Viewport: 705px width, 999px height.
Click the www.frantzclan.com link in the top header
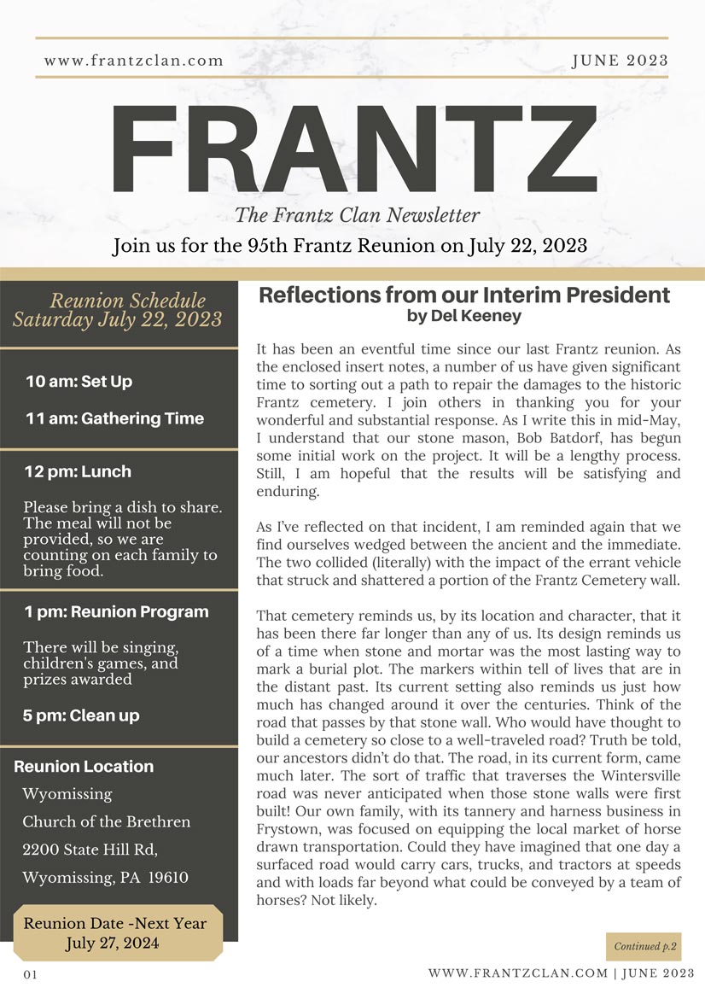pyautogui.click(x=134, y=61)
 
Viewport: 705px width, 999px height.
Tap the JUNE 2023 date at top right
pyautogui.click(x=620, y=61)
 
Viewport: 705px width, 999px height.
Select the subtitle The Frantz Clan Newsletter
pyautogui.click(x=357, y=215)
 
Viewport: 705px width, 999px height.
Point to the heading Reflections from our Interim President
pyautogui.click(x=464, y=295)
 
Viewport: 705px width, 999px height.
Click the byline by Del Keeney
pyautogui.click(x=464, y=316)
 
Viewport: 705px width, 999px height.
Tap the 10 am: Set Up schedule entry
pyautogui.click(x=79, y=382)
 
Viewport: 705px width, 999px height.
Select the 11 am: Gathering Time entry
pyautogui.click(x=114, y=418)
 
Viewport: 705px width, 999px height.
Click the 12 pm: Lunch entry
pyautogui.click(x=78, y=471)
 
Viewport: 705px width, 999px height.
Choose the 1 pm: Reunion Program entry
pyautogui.click(x=116, y=611)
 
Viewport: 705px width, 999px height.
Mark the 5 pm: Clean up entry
pyautogui.click(x=81, y=716)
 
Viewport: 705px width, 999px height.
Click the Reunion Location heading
pyautogui.click(x=84, y=767)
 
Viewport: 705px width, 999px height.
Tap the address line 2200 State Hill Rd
pyautogui.click(x=90, y=850)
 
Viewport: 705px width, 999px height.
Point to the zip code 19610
pyautogui.click(x=168, y=878)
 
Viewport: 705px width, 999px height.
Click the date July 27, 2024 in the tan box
pyautogui.click(x=115, y=943)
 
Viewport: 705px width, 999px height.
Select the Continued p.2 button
pyautogui.click(x=644, y=946)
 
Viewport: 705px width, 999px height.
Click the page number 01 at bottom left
pyautogui.click(x=31, y=975)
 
